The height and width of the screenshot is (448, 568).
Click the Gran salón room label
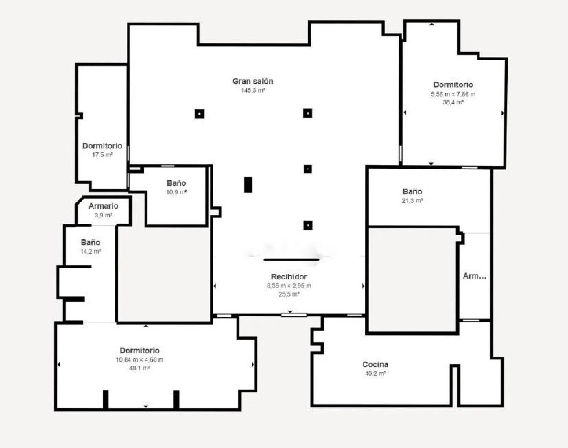pos(253,81)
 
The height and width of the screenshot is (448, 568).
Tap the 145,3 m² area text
pos(253,90)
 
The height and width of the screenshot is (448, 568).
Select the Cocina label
pos(375,364)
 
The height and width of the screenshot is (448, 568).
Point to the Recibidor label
pos(289,276)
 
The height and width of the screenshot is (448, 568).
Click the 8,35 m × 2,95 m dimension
pos(289,286)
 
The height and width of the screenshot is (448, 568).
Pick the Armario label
pos(103,206)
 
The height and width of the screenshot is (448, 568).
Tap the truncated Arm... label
pos(474,276)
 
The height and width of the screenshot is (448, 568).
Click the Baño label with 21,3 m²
pos(412,191)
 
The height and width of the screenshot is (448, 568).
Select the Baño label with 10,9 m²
pos(176,183)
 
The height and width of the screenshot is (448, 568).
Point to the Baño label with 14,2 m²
pos(91,242)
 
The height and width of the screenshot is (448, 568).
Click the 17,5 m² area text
pos(102,155)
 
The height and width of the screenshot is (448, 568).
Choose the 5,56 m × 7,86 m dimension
pos(453,94)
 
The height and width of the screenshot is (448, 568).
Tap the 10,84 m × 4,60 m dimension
pos(140,359)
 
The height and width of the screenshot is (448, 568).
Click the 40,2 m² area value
pos(375,373)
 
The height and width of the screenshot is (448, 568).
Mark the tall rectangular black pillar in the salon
pos(248,184)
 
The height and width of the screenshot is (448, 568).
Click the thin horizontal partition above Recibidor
pos(291,260)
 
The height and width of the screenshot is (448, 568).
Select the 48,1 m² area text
pos(140,368)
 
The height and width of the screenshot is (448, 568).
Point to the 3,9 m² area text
pos(103,215)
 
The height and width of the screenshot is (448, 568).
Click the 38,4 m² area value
pos(453,102)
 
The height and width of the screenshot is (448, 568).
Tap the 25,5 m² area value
pos(289,294)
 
